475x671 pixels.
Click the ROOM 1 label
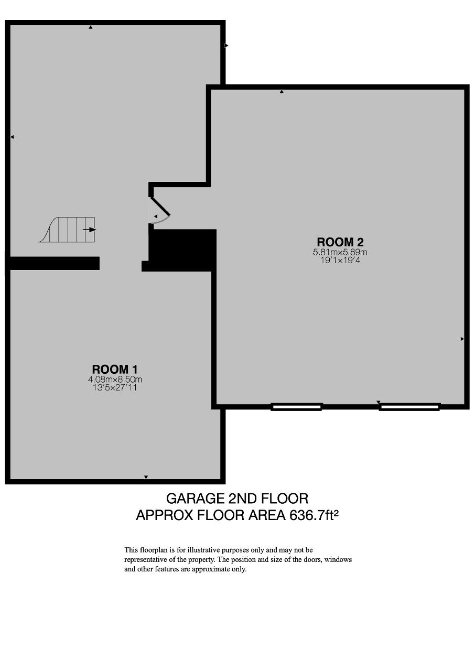115,370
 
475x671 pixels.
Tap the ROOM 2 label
340,242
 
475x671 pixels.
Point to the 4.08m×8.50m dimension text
115,380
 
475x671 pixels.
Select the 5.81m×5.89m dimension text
340,252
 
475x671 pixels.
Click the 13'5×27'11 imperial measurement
115,387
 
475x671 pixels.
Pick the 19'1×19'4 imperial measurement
340,261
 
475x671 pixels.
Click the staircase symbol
67,230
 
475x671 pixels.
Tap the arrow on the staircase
89,230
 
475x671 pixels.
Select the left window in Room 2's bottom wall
297,407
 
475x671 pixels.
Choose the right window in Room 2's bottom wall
409,407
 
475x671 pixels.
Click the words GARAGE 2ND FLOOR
237,499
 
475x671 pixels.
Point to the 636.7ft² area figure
314,515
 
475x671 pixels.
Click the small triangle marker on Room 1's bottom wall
146,477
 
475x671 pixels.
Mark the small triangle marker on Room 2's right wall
462,339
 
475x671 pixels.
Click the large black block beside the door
182,251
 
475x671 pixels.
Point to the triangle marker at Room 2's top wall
282,92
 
